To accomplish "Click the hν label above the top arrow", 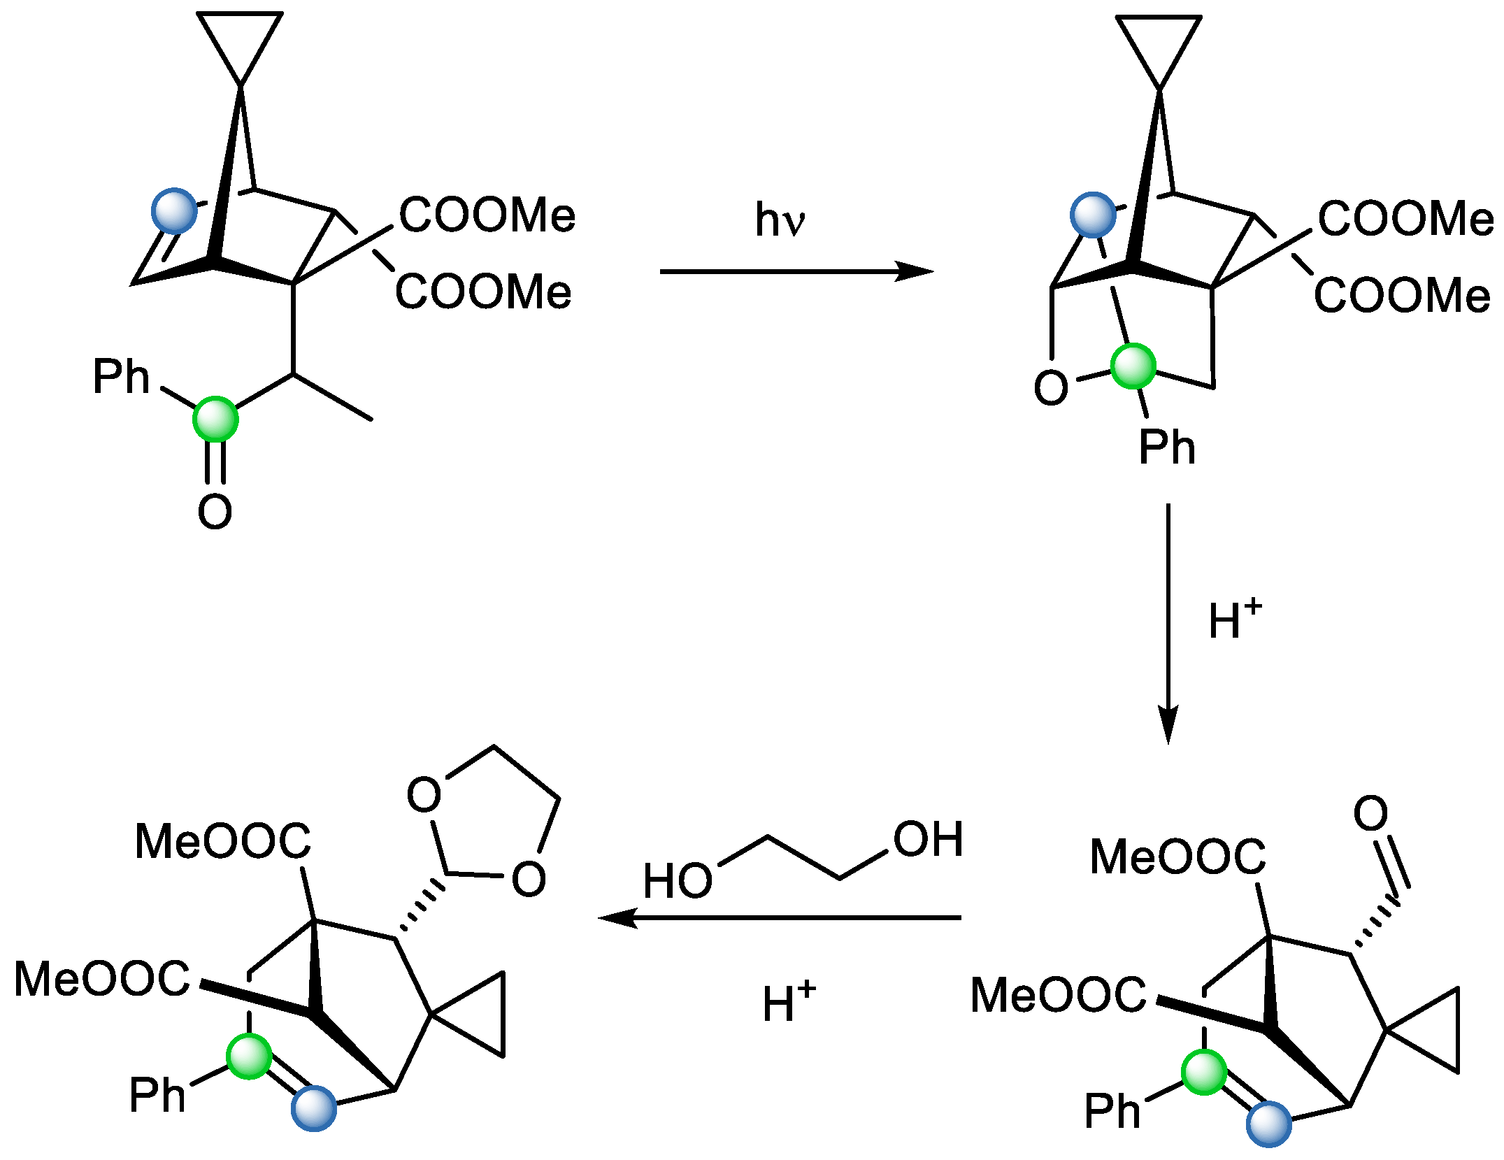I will (779, 220).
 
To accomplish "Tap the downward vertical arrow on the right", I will (1168, 622).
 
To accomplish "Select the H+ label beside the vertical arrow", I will (1234, 620).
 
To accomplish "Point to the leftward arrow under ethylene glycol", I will (780, 917).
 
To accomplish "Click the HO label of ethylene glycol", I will (677, 880).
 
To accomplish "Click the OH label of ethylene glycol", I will (928, 839).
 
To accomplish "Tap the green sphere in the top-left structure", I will (215, 419).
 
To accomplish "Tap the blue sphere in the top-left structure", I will (174, 210).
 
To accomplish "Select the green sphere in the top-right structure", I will (1133, 366).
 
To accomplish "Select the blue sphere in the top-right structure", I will (1093, 215).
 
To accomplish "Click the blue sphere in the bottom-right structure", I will (1268, 1124).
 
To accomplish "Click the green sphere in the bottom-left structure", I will (249, 1057).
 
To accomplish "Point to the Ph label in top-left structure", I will (121, 377).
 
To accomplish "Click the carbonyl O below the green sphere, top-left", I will (215, 511).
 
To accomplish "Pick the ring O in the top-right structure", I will (1050, 387).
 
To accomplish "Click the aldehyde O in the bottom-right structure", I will (1370, 812).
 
